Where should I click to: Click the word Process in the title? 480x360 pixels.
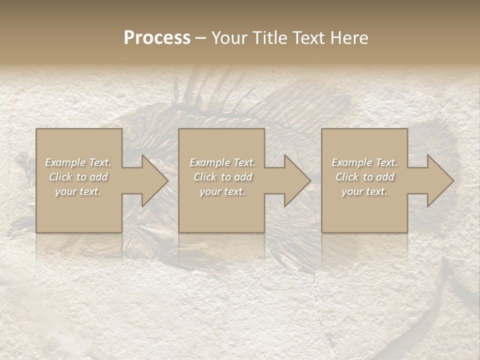[157, 38]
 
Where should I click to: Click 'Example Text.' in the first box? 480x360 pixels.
[78, 162]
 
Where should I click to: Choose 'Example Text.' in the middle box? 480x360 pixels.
[222, 162]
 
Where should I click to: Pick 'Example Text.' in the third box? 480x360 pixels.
[364, 162]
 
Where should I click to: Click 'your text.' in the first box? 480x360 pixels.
[78, 191]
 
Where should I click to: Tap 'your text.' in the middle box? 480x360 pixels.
[222, 191]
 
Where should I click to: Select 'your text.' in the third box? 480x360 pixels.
[364, 191]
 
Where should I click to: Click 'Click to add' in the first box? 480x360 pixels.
[78, 177]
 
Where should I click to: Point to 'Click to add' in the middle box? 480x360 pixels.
[222, 177]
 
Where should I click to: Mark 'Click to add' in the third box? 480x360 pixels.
[364, 177]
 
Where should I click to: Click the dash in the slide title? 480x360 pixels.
[200, 38]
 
